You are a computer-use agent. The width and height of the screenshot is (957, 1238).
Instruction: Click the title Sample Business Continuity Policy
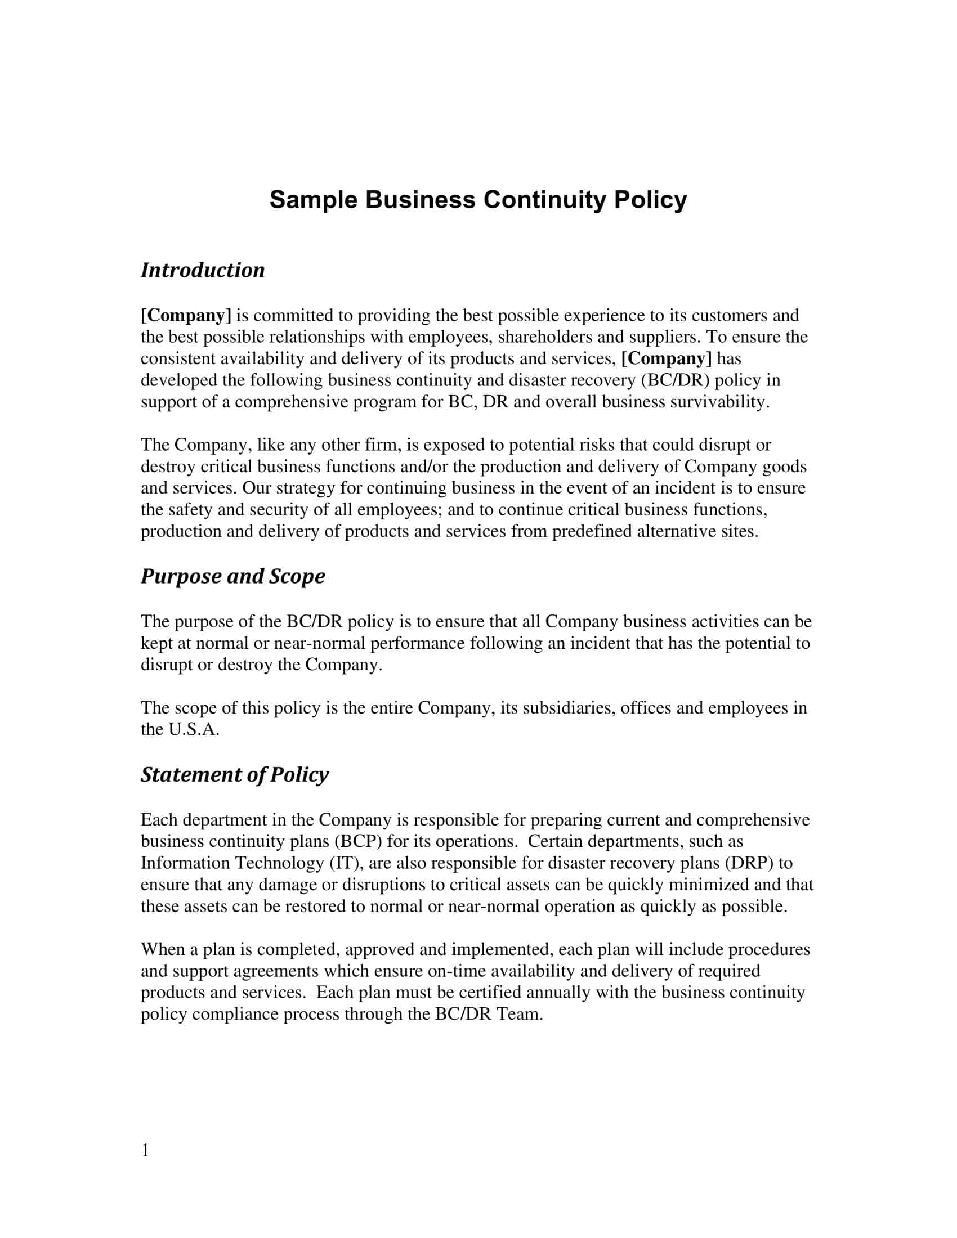click(478, 200)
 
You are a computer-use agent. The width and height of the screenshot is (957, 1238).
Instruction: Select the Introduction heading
click(203, 270)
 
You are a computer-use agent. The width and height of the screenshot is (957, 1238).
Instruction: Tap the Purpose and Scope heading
click(232, 576)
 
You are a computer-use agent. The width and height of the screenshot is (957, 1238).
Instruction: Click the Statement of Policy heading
click(234, 774)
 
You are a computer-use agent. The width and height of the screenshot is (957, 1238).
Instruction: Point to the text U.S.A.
click(194, 729)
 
